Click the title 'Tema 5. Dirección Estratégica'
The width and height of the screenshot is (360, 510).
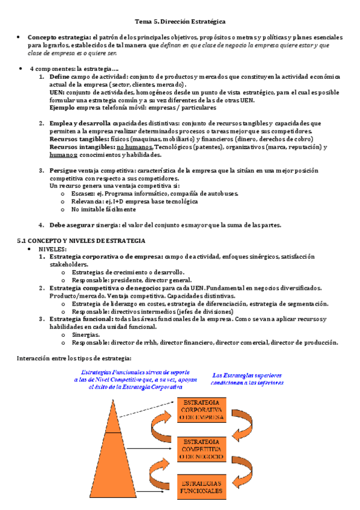click(180, 22)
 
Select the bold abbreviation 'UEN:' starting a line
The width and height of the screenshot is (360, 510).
click(58, 93)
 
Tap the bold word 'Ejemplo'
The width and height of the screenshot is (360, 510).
click(63, 108)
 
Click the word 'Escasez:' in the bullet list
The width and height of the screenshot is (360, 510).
click(85, 194)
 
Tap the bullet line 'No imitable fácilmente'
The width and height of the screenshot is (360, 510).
click(103, 209)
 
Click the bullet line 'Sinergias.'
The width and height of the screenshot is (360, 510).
click(86, 334)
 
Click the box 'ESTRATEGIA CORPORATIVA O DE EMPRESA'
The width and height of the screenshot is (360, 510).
click(201, 408)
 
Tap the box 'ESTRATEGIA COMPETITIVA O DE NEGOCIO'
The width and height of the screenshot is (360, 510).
click(201, 448)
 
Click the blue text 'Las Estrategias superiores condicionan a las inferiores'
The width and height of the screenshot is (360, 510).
click(248, 378)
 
